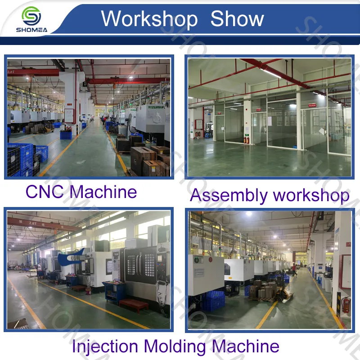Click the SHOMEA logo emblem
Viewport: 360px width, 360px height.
coord(31,15)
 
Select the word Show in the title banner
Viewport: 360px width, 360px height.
coord(237,19)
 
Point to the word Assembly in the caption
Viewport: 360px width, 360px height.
coord(228,196)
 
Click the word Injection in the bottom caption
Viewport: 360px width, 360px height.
coord(104,346)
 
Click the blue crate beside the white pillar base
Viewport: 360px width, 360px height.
coord(66,135)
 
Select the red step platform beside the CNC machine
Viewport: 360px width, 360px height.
coord(133,305)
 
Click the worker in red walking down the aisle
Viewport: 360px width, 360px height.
coord(294,270)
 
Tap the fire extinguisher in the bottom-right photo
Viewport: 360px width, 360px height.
coord(346,305)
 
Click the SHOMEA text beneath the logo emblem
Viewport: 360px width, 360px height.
coord(31,31)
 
